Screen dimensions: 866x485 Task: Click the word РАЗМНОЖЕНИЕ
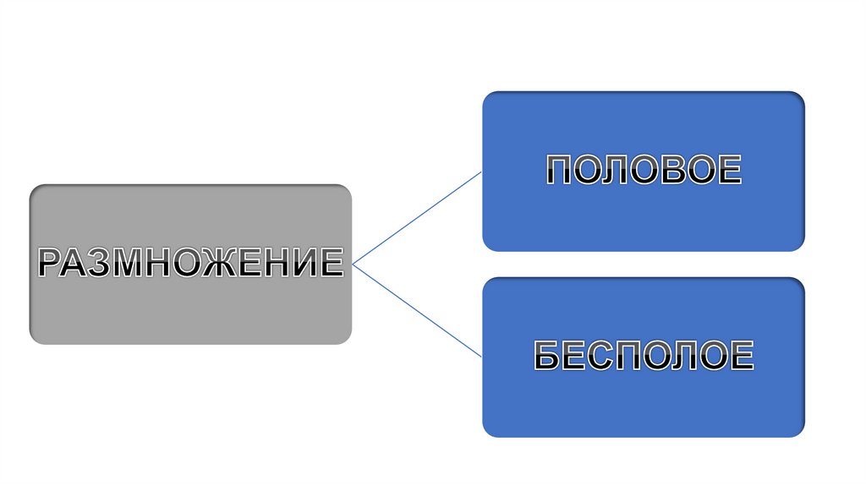coord(190,263)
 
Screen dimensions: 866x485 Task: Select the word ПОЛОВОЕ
coord(643,171)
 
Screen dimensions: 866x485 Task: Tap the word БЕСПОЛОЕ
coord(643,357)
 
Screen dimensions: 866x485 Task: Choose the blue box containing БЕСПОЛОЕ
coord(643,406)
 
